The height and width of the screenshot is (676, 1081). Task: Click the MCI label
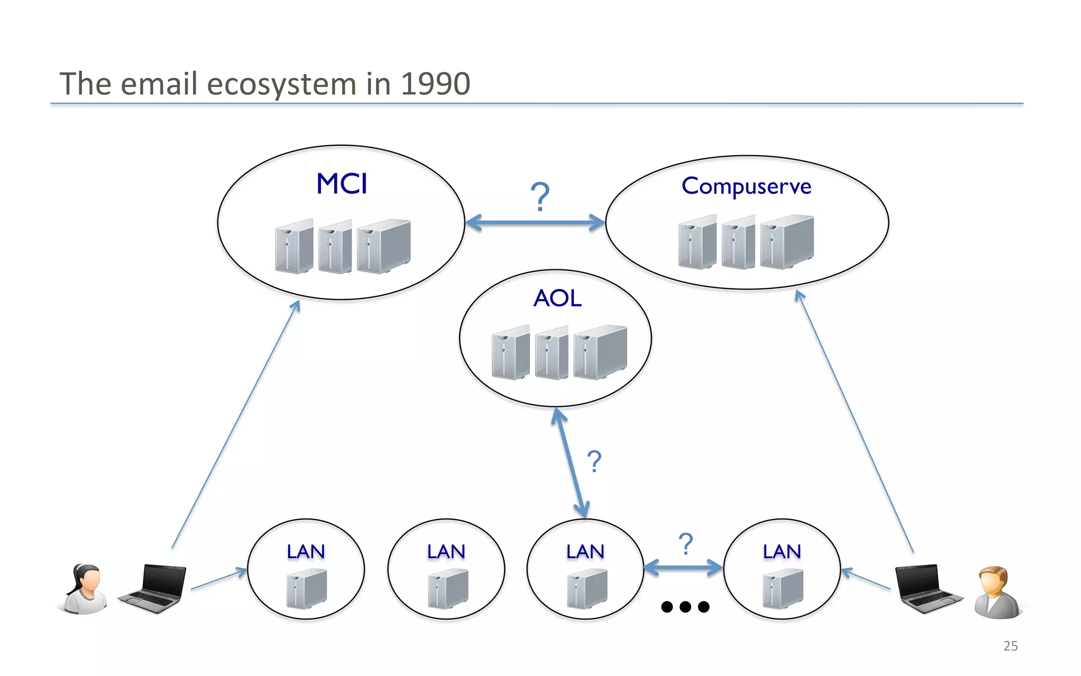[x=342, y=184]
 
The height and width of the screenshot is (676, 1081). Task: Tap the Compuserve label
[x=746, y=186]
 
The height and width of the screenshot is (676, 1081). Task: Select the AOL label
[x=557, y=298]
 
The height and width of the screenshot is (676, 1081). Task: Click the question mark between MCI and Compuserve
[x=540, y=196]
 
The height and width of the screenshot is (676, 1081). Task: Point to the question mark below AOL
[x=594, y=462]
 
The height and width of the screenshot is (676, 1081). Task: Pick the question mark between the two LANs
[x=686, y=543]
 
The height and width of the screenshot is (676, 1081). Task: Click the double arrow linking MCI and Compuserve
[x=535, y=222]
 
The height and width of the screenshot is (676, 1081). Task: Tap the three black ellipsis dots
[x=685, y=607]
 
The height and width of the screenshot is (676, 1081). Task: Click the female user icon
[x=85, y=589]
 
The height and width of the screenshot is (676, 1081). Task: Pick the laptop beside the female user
[x=154, y=588]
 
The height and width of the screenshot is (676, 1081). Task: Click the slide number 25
[x=1010, y=646]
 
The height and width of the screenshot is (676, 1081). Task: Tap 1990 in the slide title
[x=435, y=84]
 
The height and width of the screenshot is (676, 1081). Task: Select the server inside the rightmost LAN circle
[x=783, y=589]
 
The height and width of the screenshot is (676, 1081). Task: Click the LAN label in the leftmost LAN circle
[x=306, y=552]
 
